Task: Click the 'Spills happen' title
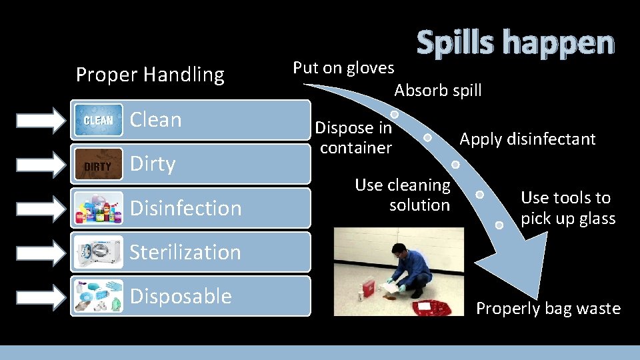515,43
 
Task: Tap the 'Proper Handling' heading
150,75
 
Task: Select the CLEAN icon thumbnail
99,120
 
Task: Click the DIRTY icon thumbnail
99,165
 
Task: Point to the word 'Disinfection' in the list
185,208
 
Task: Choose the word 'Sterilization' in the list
185,252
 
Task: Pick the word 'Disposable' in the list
181,296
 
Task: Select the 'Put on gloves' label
343,67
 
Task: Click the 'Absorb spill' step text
437,90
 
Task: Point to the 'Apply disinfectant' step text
527,139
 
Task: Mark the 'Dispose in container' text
354,137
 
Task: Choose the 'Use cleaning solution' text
403,195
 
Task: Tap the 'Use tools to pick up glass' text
568,207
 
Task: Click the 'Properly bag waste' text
548,309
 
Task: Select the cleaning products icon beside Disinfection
99,208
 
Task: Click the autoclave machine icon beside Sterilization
99,252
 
